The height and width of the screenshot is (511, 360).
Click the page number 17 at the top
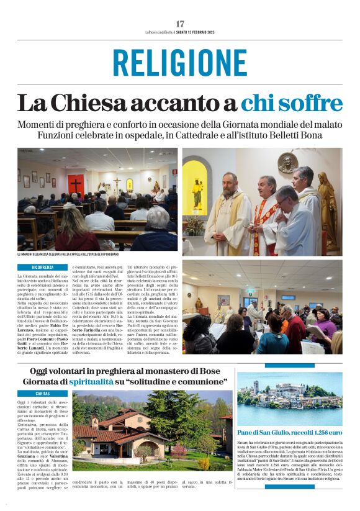click(x=180, y=24)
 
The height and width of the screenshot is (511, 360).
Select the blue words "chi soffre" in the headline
click(x=291, y=102)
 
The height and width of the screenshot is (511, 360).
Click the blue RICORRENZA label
click(x=42, y=267)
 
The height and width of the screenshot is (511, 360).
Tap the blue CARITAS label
click(x=42, y=393)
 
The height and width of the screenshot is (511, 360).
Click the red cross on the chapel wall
click(x=76, y=184)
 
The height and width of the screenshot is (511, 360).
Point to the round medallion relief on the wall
click(x=287, y=163)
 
